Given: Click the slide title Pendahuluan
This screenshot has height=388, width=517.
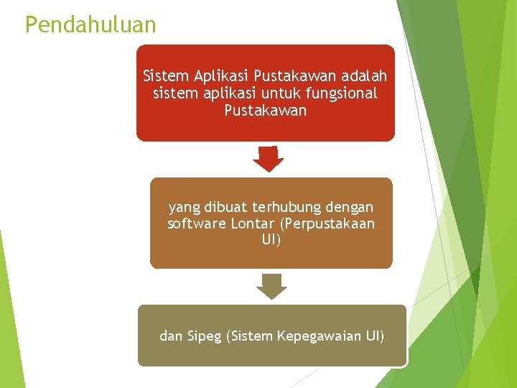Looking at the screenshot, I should (x=90, y=25).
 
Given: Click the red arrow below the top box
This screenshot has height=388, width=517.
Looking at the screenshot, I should (x=268, y=160).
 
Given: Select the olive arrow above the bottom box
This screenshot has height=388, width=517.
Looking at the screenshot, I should (x=271, y=286).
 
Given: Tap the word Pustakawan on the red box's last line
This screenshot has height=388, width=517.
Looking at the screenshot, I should (x=265, y=111).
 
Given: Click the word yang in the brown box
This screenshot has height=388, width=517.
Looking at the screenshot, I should (x=184, y=208).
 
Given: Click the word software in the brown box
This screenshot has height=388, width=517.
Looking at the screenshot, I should (x=197, y=223).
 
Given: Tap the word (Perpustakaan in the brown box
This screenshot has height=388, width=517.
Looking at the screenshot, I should (x=329, y=224).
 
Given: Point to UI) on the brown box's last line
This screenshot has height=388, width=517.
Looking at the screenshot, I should (x=271, y=240).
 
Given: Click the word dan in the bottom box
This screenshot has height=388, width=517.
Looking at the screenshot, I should (x=171, y=336).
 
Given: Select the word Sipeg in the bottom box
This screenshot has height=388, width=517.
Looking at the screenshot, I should (x=204, y=336).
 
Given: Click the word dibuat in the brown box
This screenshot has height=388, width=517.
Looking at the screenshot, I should (x=225, y=207).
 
